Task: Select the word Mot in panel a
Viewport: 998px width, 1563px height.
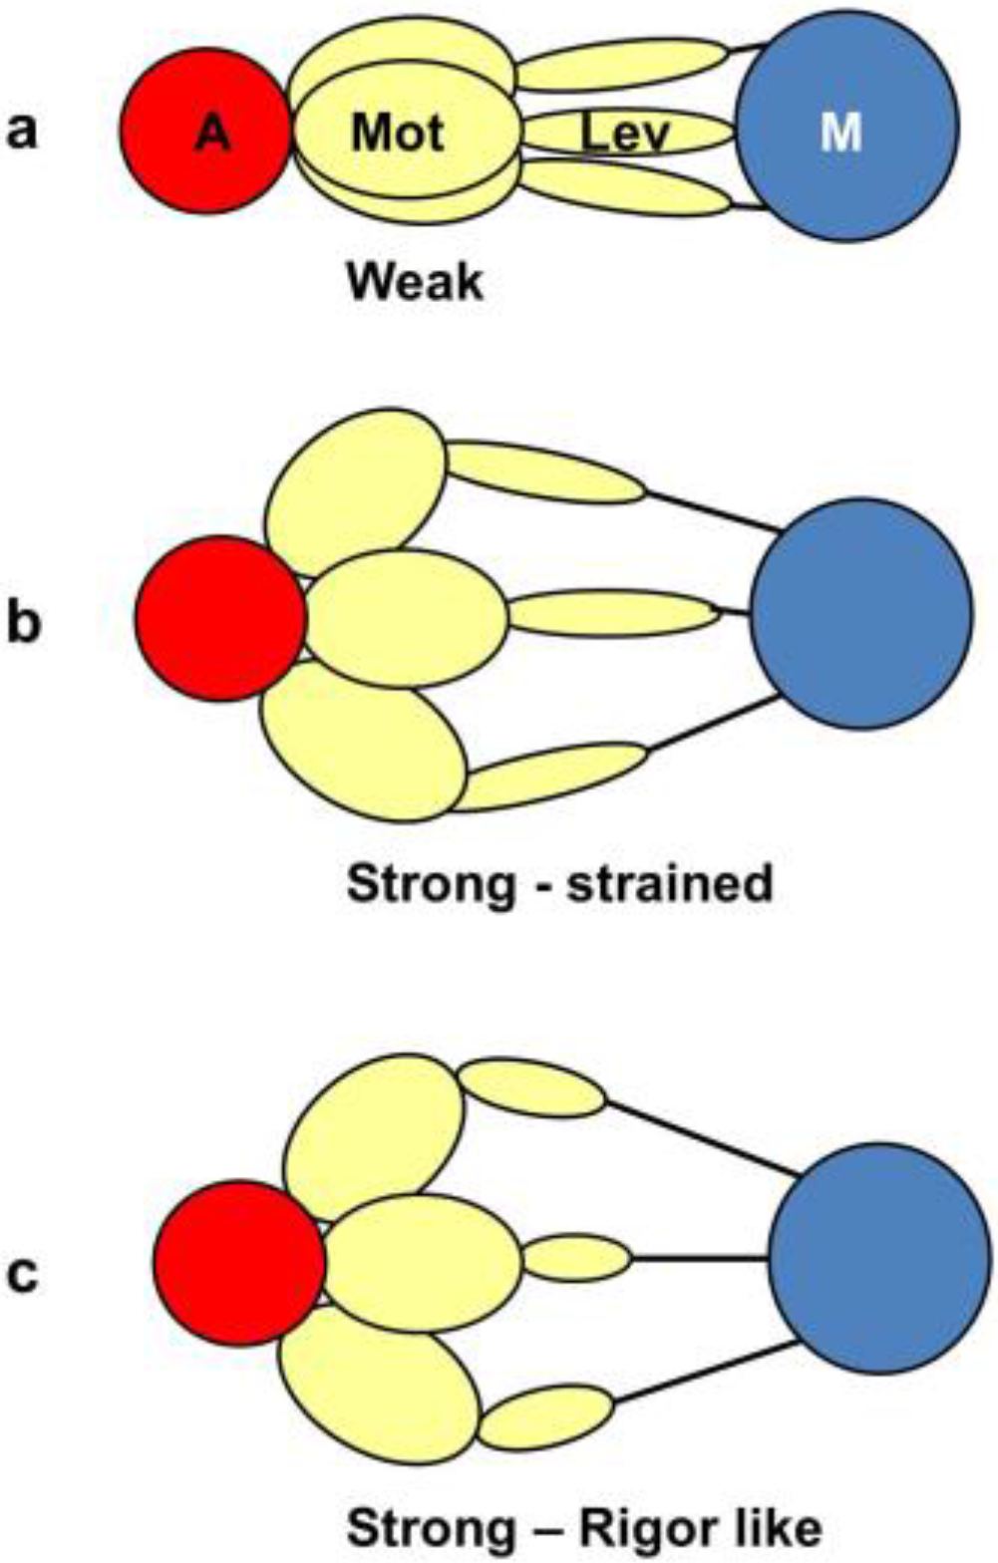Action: pyautogui.click(x=398, y=132)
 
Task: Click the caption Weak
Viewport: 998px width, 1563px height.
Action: pyautogui.click(x=415, y=283)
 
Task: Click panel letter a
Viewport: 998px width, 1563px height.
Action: pyautogui.click(x=21, y=131)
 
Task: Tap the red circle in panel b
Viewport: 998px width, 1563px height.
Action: pyautogui.click(x=220, y=618)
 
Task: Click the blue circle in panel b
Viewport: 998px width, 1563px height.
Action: pyautogui.click(x=860, y=614)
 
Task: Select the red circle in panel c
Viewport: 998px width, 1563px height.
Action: pyautogui.click(x=239, y=1262)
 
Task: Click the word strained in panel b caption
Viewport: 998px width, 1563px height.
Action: pyautogui.click(x=669, y=883)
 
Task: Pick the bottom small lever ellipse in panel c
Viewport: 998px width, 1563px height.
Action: pyautogui.click(x=546, y=1418)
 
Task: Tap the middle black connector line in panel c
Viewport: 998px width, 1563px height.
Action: pyautogui.click(x=700, y=1257)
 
